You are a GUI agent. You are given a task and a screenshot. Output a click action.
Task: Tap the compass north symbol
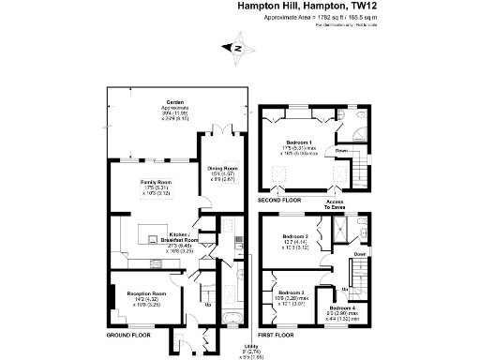coord(236,48)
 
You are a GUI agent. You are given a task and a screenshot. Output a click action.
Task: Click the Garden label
coord(174,101)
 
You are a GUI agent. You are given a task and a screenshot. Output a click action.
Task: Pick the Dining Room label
coord(223,168)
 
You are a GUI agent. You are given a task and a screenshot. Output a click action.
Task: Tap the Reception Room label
coord(146,292)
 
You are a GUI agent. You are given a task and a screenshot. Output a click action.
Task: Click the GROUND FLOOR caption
coord(127,335)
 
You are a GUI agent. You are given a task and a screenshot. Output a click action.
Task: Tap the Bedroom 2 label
coord(295,235)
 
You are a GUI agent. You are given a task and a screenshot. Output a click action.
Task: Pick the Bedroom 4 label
coord(342,307)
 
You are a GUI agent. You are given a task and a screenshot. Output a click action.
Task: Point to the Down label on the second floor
coord(342,150)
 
